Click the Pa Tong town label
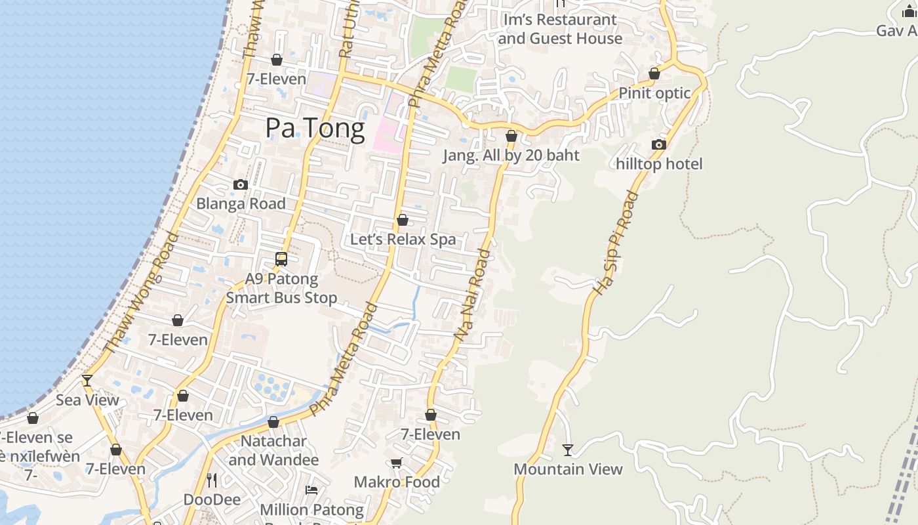315,128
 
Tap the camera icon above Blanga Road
241,185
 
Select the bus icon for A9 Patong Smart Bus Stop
281,259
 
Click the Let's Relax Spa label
403,240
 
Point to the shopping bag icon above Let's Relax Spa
403,220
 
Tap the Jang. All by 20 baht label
511,156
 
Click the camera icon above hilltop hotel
659,145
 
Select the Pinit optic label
654,93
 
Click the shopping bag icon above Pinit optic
654,73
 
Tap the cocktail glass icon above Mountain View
568,450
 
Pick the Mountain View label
568,469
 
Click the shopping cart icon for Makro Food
397,463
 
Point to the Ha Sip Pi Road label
615,243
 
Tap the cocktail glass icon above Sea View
87,381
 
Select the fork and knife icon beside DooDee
211,480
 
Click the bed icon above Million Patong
311,490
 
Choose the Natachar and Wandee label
273,450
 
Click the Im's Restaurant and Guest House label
560,29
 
